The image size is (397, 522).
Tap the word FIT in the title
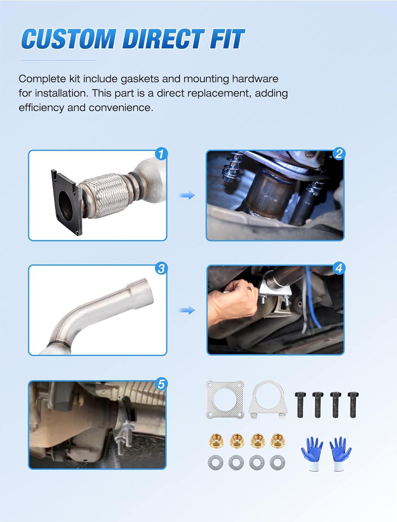(x=227, y=39)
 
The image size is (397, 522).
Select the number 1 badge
(x=161, y=154)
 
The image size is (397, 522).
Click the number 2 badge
(x=339, y=153)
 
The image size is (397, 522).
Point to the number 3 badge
(x=161, y=269)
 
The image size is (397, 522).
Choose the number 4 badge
(x=339, y=268)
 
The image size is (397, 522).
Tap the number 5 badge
(x=161, y=384)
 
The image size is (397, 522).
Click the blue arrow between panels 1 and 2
(x=187, y=196)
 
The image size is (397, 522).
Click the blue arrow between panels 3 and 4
(x=187, y=310)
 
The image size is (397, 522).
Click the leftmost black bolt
(x=300, y=405)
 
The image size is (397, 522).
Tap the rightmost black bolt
(x=353, y=405)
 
